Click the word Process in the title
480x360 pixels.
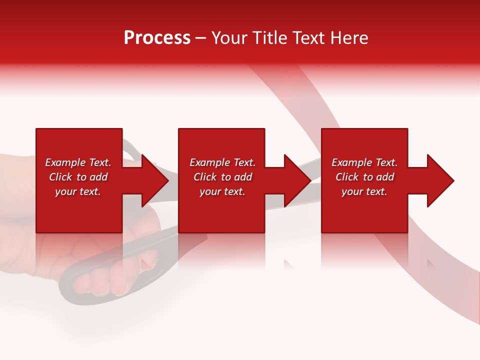[x=157, y=38]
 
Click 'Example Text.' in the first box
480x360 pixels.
[x=78, y=162]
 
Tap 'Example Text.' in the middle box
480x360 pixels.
[x=222, y=162]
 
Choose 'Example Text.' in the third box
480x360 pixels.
[x=364, y=162]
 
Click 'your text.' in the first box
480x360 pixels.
[x=78, y=191]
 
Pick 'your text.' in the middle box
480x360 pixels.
[x=222, y=191]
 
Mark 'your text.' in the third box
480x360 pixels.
[x=364, y=191]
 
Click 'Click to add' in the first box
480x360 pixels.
[x=78, y=177]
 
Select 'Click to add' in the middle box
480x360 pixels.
[x=222, y=177]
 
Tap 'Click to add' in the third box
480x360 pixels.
[x=364, y=177]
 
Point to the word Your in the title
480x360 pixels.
[x=228, y=38]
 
